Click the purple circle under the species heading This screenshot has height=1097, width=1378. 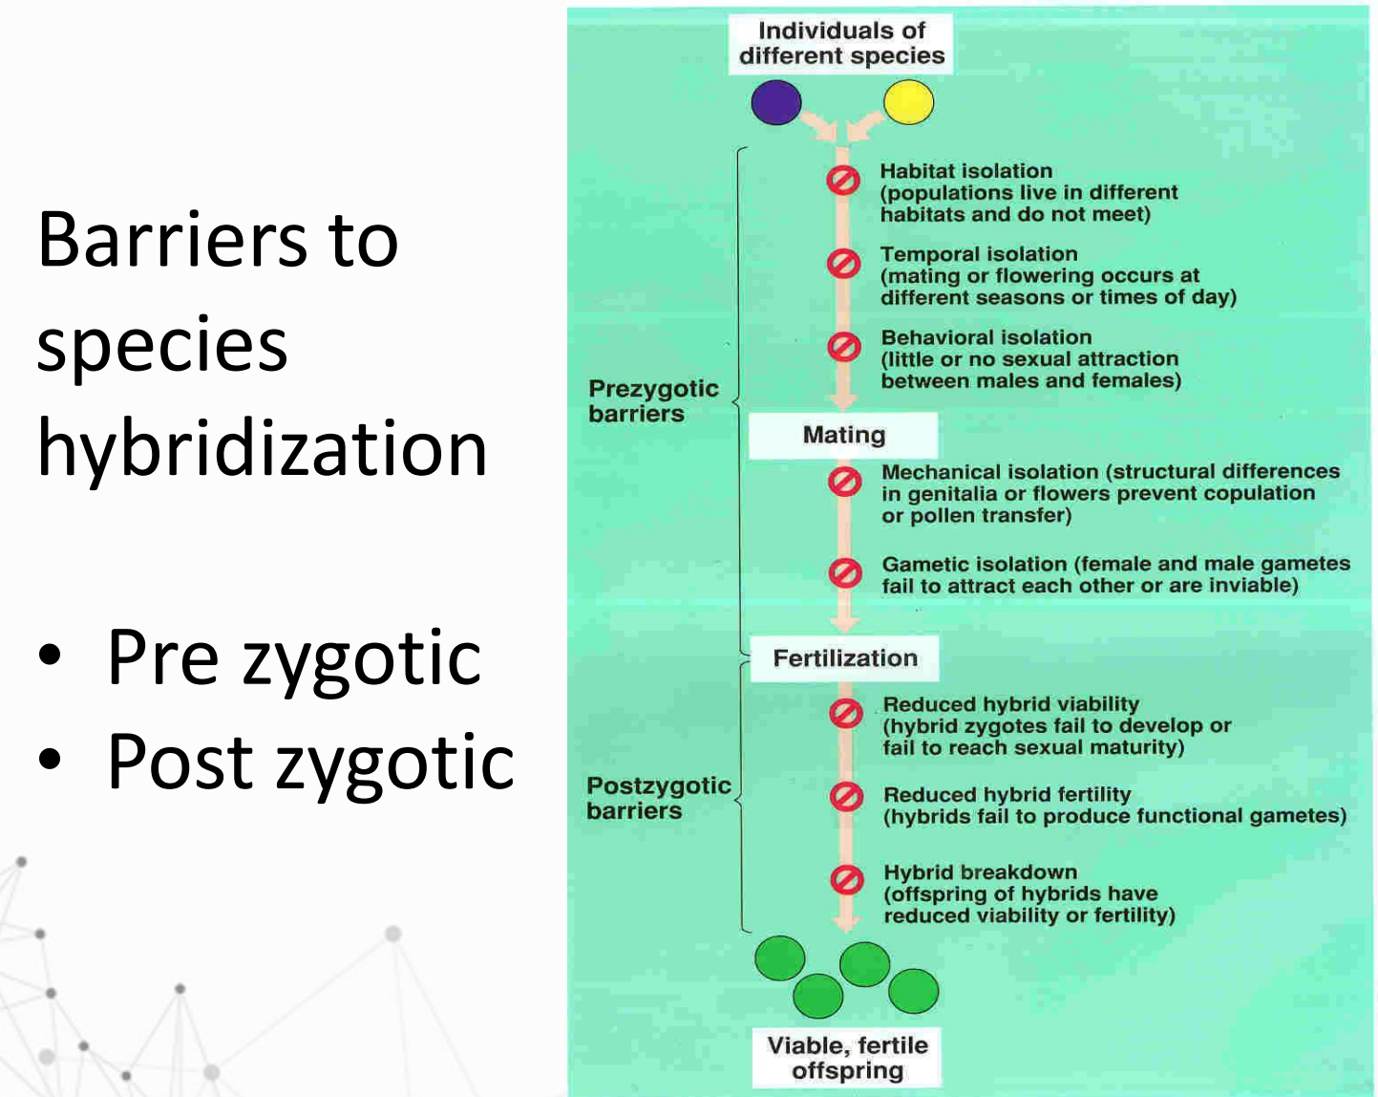pyautogui.click(x=775, y=102)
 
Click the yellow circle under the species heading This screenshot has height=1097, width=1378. pyautogui.click(x=908, y=102)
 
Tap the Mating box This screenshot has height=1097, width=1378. pyautogui.click(x=843, y=436)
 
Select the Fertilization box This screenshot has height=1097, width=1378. pyautogui.click(x=844, y=658)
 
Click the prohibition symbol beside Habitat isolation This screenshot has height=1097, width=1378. pyautogui.click(x=843, y=180)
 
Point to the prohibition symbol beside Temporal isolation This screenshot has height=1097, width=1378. pyautogui.click(x=843, y=263)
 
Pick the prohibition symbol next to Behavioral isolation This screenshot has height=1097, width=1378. pyautogui.click(x=843, y=346)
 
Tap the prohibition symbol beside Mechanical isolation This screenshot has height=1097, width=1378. pyautogui.click(x=844, y=481)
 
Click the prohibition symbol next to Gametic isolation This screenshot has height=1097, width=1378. pyautogui.click(x=845, y=572)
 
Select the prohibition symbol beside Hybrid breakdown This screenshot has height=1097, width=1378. pyautogui.click(x=846, y=879)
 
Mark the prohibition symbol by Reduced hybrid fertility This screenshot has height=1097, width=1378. pyautogui.click(x=846, y=796)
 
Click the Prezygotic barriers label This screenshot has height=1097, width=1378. pyautogui.click(x=653, y=401)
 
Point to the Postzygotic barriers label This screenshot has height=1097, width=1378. pyautogui.click(x=658, y=798)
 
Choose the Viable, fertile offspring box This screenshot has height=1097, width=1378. pyautogui.click(x=847, y=1058)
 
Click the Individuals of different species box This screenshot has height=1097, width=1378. pyautogui.click(x=841, y=44)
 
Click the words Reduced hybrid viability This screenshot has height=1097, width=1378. pyautogui.click(x=1010, y=704)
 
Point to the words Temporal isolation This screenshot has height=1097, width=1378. pyautogui.click(x=979, y=254)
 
